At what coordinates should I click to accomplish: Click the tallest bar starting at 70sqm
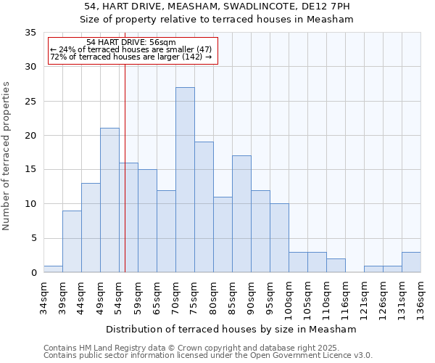(x=185, y=180)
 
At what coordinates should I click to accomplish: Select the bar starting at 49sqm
(x=109, y=200)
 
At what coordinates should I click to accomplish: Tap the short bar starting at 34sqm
(x=53, y=269)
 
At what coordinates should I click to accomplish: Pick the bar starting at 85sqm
(x=241, y=214)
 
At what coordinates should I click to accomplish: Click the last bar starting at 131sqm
(x=411, y=262)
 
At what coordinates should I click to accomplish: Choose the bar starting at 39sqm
(x=72, y=242)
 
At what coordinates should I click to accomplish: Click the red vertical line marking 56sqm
(x=125, y=181)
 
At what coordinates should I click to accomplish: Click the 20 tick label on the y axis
(x=30, y=136)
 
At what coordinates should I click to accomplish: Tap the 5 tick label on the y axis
(x=33, y=238)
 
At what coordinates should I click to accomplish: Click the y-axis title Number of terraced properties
(x=7, y=155)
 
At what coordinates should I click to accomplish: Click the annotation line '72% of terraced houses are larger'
(x=130, y=57)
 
